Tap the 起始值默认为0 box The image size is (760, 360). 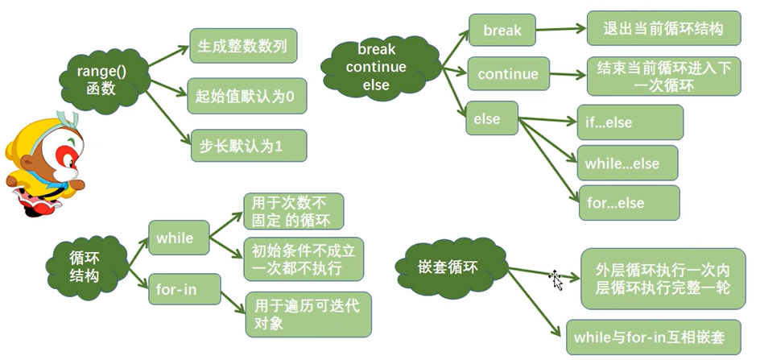pyautogui.click(x=246, y=97)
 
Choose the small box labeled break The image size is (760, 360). pyautogui.click(x=502, y=31)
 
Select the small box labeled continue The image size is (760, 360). pyautogui.click(x=508, y=74)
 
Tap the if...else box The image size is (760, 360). pyautogui.click(x=630, y=122)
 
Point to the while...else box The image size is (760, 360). pyautogui.click(x=627, y=163)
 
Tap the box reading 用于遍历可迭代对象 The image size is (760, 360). pyautogui.click(x=308, y=314)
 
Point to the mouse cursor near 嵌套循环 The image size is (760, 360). pyautogui.click(x=556, y=279)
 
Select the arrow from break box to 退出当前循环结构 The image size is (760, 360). pyautogui.click(x=560, y=31)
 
